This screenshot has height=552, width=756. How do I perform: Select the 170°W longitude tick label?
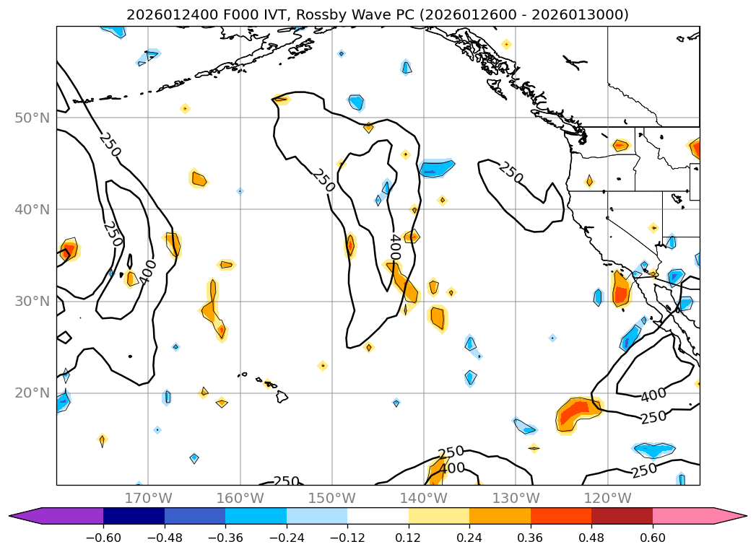coord(148,498)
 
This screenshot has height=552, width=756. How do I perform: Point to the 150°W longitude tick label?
coord(331,498)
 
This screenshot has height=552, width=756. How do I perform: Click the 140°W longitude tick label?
coord(424,498)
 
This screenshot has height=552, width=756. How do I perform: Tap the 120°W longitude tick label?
coord(607,498)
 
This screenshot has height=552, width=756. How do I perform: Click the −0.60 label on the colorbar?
coord(103,538)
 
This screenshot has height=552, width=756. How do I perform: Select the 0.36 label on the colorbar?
coord(531,538)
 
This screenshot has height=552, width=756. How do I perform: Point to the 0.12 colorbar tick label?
coord(409,538)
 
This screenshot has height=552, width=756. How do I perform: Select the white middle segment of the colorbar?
coord(378,516)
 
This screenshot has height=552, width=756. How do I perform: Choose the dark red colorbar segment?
coord(622,516)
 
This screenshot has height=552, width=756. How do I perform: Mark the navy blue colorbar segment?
coord(134,516)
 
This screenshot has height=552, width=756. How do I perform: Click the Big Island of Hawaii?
coord(282,396)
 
